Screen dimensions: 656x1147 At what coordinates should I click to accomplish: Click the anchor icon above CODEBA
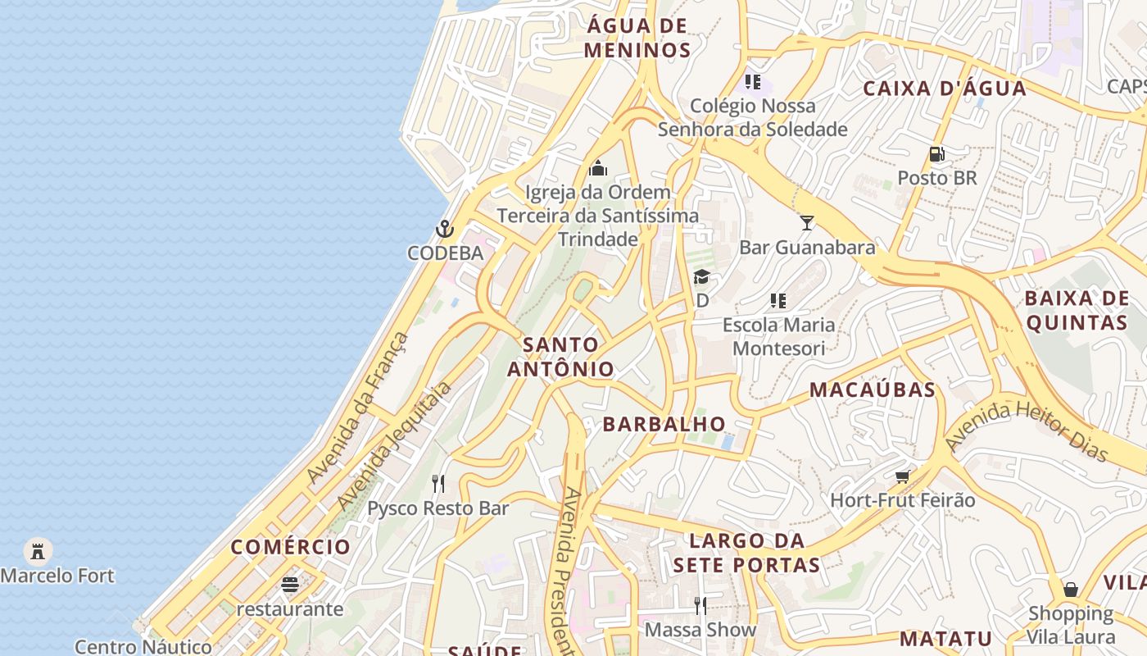coord(445,229)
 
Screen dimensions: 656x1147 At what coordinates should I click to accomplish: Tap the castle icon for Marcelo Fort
coord(38,551)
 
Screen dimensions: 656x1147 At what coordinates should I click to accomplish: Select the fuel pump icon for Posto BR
coord(936,154)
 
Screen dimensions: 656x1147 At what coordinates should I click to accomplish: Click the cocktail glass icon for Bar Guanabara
coord(807,223)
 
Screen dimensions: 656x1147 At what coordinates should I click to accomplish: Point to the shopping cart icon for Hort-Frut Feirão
coord(902,476)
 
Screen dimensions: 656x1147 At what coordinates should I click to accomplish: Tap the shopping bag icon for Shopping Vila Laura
coord(1070,590)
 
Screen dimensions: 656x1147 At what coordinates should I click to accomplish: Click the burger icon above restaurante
coord(289,585)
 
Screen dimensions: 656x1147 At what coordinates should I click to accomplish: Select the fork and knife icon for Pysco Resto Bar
coord(438,484)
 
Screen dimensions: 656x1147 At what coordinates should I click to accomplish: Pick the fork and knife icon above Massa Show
coord(700,606)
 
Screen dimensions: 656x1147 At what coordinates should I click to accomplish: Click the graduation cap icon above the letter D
coord(701,277)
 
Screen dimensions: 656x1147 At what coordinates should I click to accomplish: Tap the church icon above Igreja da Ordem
coord(598,168)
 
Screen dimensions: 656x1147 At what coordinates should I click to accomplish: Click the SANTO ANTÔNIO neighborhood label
coord(561,357)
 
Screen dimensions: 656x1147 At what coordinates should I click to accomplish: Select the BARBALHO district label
coord(664,424)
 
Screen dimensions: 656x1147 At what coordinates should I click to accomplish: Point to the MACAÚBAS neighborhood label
coord(873,390)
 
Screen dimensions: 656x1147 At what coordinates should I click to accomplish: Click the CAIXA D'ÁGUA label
coord(945,89)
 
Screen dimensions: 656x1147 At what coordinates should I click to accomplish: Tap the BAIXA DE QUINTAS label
coord(1077,310)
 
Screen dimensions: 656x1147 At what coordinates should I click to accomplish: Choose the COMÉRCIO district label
coord(290,547)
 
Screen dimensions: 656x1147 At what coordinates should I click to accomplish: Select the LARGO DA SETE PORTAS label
coord(746,553)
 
